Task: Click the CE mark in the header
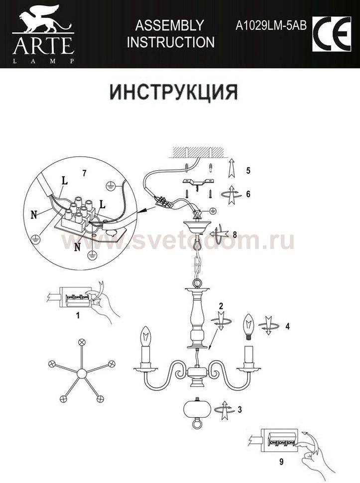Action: tap(332, 34)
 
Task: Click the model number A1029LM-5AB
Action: tap(271, 26)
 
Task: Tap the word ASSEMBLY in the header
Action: tap(170, 25)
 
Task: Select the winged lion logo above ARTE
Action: tap(43, 19)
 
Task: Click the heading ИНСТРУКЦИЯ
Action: tap(174, 92)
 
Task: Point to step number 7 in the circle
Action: tap(84, 173)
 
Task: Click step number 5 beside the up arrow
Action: tap(248, 170)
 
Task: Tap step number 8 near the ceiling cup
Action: tap(235, 235)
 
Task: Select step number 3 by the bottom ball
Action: tap(240, 409)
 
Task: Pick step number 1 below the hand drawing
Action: tap(78, 315)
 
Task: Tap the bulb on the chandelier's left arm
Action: tap(146, 337)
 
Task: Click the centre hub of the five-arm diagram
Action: tap(82, 373)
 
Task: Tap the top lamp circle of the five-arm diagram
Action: tap(82, 342)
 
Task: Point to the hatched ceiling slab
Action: tap(198, 151)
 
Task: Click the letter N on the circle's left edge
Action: tap(34, 215)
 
